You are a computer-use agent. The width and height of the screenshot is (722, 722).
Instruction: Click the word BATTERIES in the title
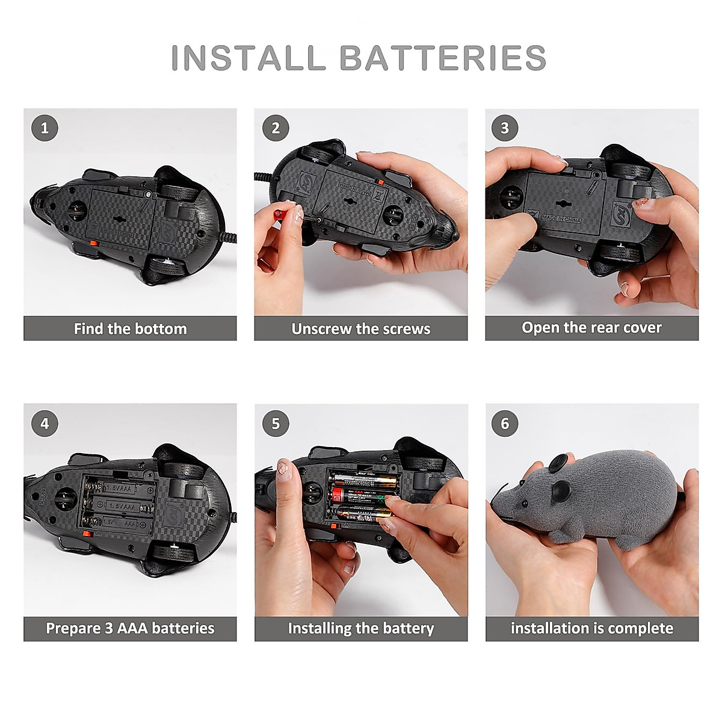pos(443,58)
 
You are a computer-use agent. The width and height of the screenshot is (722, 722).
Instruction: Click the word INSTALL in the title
pos(248,58)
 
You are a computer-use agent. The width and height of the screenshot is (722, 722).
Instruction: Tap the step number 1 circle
pos(45,128)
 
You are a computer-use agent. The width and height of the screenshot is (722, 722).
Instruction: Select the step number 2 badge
pos(276,128)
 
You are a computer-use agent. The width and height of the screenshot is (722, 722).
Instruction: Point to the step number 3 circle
pos(505,128)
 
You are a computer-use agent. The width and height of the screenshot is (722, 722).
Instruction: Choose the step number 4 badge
pos(45,424)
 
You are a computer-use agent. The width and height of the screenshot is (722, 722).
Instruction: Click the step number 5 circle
pos(276,424)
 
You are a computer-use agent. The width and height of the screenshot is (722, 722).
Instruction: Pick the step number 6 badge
pos(505,424)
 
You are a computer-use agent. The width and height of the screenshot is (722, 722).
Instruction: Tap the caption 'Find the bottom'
pos(130,329)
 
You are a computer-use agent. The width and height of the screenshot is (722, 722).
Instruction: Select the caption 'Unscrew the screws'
pos(361,329)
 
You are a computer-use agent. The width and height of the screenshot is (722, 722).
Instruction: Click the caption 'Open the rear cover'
pos(591,328)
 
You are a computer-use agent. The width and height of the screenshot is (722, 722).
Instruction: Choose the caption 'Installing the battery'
pos(361,628)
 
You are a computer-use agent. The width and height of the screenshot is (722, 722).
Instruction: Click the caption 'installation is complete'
pos(591,628)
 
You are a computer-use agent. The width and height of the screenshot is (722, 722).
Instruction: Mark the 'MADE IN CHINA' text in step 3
pos(562,218)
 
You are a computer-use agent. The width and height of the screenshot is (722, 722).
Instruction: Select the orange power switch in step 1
pos(94,244)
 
